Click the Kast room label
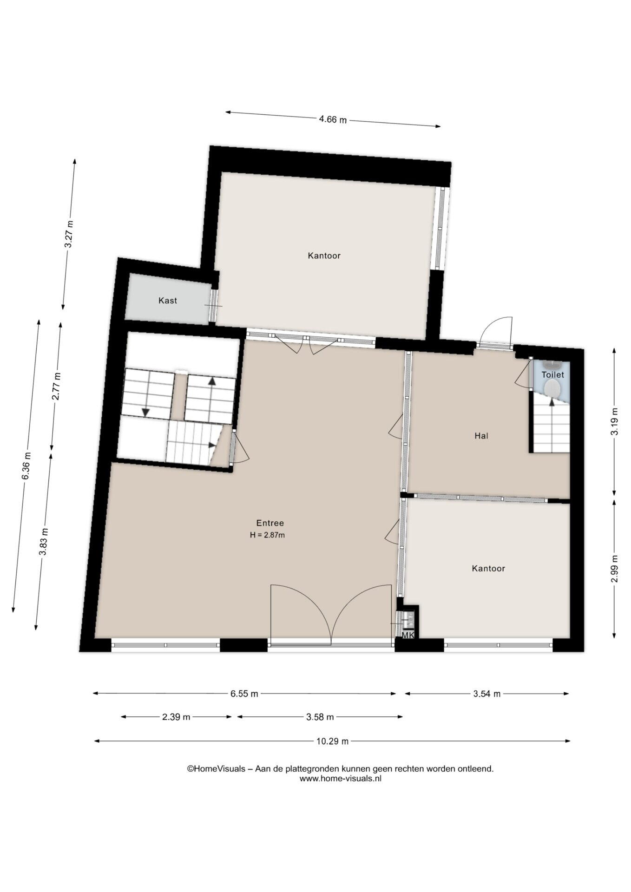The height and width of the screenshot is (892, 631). click(168, 301)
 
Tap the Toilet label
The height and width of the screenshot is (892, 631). click(553, 374)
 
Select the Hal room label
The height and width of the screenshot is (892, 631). click(481, 436)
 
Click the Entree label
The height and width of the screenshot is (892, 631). click(270, 523)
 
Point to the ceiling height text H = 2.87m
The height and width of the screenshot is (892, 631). click(267, 535)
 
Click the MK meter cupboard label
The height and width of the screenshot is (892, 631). click(408, 635)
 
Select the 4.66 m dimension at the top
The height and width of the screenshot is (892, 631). click(333, 119)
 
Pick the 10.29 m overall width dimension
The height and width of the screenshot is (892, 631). click(333, 741)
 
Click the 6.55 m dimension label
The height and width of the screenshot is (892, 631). click(244, 694)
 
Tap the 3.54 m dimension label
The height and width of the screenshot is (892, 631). click(487, 694)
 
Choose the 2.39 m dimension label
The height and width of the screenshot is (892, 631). click(176, 717)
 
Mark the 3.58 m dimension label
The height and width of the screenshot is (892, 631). click(320, 717)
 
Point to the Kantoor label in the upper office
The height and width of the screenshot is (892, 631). click(324, 256)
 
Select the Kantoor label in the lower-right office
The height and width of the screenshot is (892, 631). click(488, 568)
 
